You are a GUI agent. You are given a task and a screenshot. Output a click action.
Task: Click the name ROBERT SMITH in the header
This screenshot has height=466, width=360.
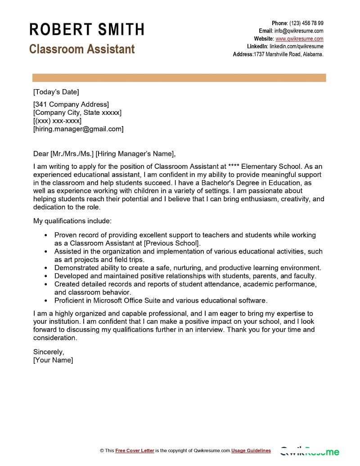coord(87,30)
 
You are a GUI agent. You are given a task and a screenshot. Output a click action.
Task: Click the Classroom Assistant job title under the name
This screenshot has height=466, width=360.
coord(82,49)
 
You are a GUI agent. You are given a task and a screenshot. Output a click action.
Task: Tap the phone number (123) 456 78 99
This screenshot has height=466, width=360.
coord(306,23)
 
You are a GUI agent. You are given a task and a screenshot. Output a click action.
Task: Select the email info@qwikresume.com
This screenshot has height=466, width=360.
coord(299,31)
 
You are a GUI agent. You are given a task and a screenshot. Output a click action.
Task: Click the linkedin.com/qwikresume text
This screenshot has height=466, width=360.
coord(296,46)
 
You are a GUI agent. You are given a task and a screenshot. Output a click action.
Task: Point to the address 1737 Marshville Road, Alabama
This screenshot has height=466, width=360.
coord(288,54)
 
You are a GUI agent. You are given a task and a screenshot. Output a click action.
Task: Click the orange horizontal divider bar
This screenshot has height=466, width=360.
coord(179,78)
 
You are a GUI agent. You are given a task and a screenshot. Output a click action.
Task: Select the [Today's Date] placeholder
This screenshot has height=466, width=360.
coord(56,92)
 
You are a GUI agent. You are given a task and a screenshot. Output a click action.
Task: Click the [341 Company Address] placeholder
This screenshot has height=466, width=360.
coord(71,104)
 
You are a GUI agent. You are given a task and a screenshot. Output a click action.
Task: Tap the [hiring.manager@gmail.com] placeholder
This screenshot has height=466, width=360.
coord(78,129)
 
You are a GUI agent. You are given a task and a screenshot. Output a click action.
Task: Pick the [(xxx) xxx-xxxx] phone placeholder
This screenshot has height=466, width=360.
coord(58,121)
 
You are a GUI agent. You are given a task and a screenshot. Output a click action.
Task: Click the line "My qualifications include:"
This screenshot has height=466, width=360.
coord(72,221)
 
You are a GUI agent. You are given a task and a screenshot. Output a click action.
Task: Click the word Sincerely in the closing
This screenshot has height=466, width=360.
coord(49,352)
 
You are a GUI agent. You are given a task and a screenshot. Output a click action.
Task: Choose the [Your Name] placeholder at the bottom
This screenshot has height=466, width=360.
coord(53,360)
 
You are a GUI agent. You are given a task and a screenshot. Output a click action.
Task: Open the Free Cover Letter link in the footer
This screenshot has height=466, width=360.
coord(135,450)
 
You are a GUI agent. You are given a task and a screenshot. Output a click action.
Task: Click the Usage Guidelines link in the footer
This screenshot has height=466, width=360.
coord(251,450)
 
